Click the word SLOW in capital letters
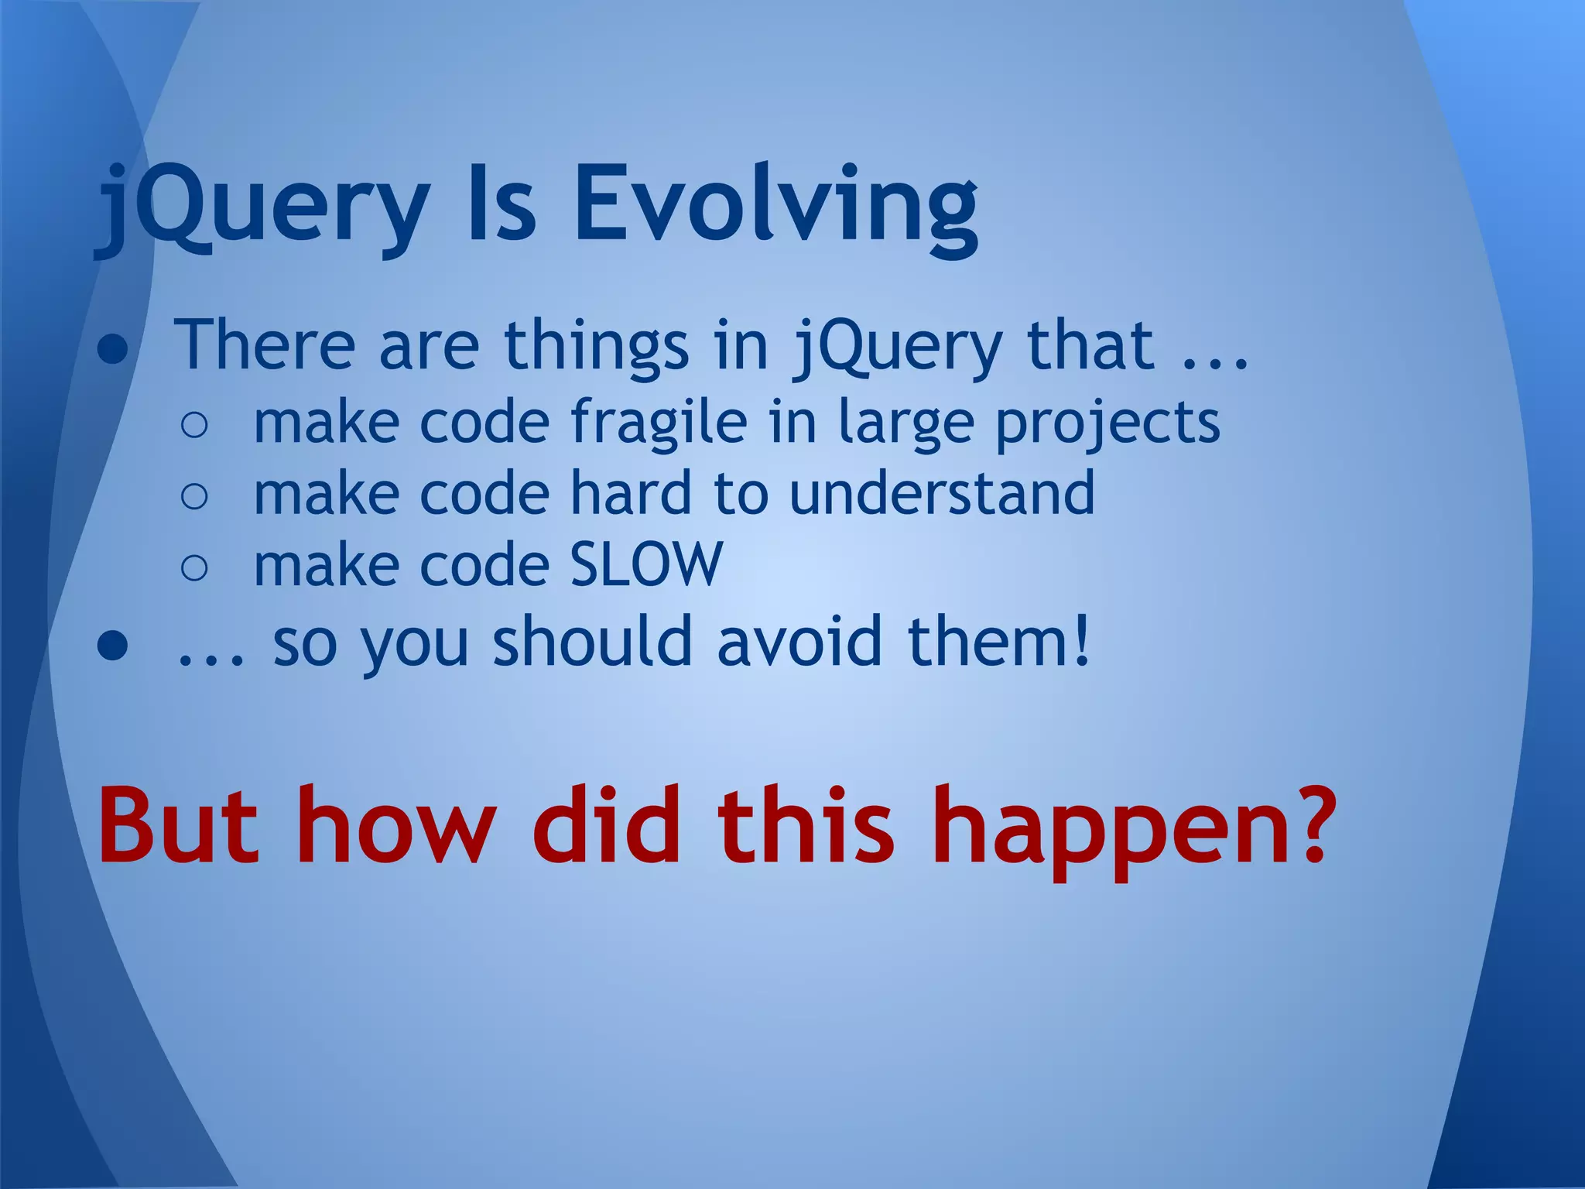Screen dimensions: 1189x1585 (646, 565)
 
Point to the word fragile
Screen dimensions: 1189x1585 (659, 423)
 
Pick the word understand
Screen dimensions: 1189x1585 (941, 493)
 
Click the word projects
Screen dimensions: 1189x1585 (1107, 423)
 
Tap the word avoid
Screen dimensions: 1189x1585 (799, 642)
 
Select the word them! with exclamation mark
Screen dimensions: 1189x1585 (999, 642)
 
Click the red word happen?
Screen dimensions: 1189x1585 (1134, 827)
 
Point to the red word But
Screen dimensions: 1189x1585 (178, 827)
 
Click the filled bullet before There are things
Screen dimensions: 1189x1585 (113, 351)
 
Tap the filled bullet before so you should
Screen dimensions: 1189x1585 (113, 647)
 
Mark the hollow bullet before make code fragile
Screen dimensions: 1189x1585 (194, 426)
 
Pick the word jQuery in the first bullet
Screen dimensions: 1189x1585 (897, 345)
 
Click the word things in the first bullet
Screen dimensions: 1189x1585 (596, 345)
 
